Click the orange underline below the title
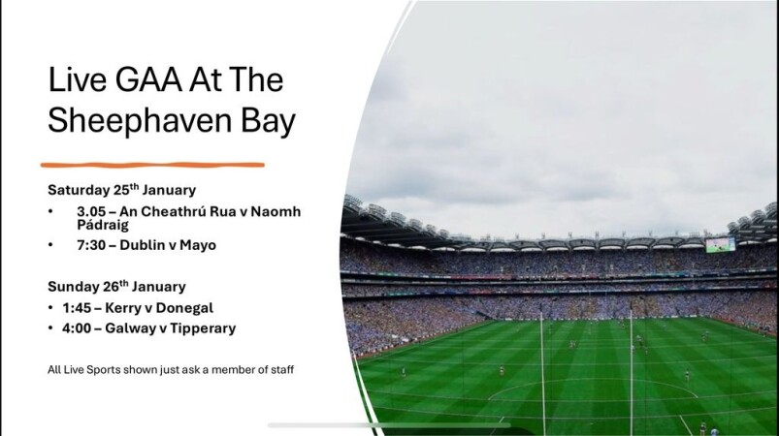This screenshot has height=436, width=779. tap(152, 165)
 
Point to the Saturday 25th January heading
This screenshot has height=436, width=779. tap(121, 190)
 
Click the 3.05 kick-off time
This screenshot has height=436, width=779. tap(91, 212)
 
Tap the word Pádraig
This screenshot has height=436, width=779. tap(103, 225)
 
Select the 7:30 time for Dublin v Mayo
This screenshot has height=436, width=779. tap(91, 245)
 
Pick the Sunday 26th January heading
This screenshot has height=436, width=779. tap(116, 286)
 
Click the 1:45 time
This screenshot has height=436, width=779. tap(77, 308)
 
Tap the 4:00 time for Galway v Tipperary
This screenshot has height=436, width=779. tap(77, 328)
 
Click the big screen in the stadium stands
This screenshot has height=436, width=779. tap(721, 244)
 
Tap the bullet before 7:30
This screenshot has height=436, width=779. tap(50, 245)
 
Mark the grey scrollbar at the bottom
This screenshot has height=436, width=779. tap(389, 425)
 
